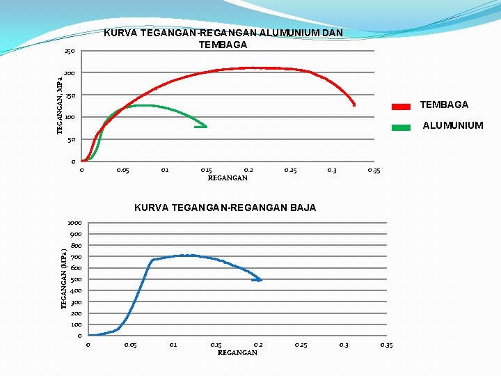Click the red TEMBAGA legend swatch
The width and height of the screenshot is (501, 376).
point(401,107)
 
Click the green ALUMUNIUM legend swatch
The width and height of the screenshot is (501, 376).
point(401,127)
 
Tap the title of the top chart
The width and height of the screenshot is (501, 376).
point(223,39)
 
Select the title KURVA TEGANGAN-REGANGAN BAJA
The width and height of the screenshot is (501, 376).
point(225,207)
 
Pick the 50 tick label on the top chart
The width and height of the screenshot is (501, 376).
point(71,140)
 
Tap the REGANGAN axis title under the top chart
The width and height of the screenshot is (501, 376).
point(228,178)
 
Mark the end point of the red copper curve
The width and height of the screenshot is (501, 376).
point(353,104)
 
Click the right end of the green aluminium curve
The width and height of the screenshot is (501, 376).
point(205,127)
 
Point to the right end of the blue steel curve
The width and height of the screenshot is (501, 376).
point(260,280)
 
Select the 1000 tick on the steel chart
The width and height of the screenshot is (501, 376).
point(74,223)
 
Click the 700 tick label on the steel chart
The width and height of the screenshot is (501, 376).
point(76,257)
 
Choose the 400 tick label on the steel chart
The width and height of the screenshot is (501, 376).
point(76,290)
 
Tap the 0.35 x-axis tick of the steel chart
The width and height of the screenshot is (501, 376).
point(386,345)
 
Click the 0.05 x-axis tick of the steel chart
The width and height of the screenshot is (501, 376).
point(130,345)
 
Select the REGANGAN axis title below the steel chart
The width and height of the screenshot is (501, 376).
point(237,353)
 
